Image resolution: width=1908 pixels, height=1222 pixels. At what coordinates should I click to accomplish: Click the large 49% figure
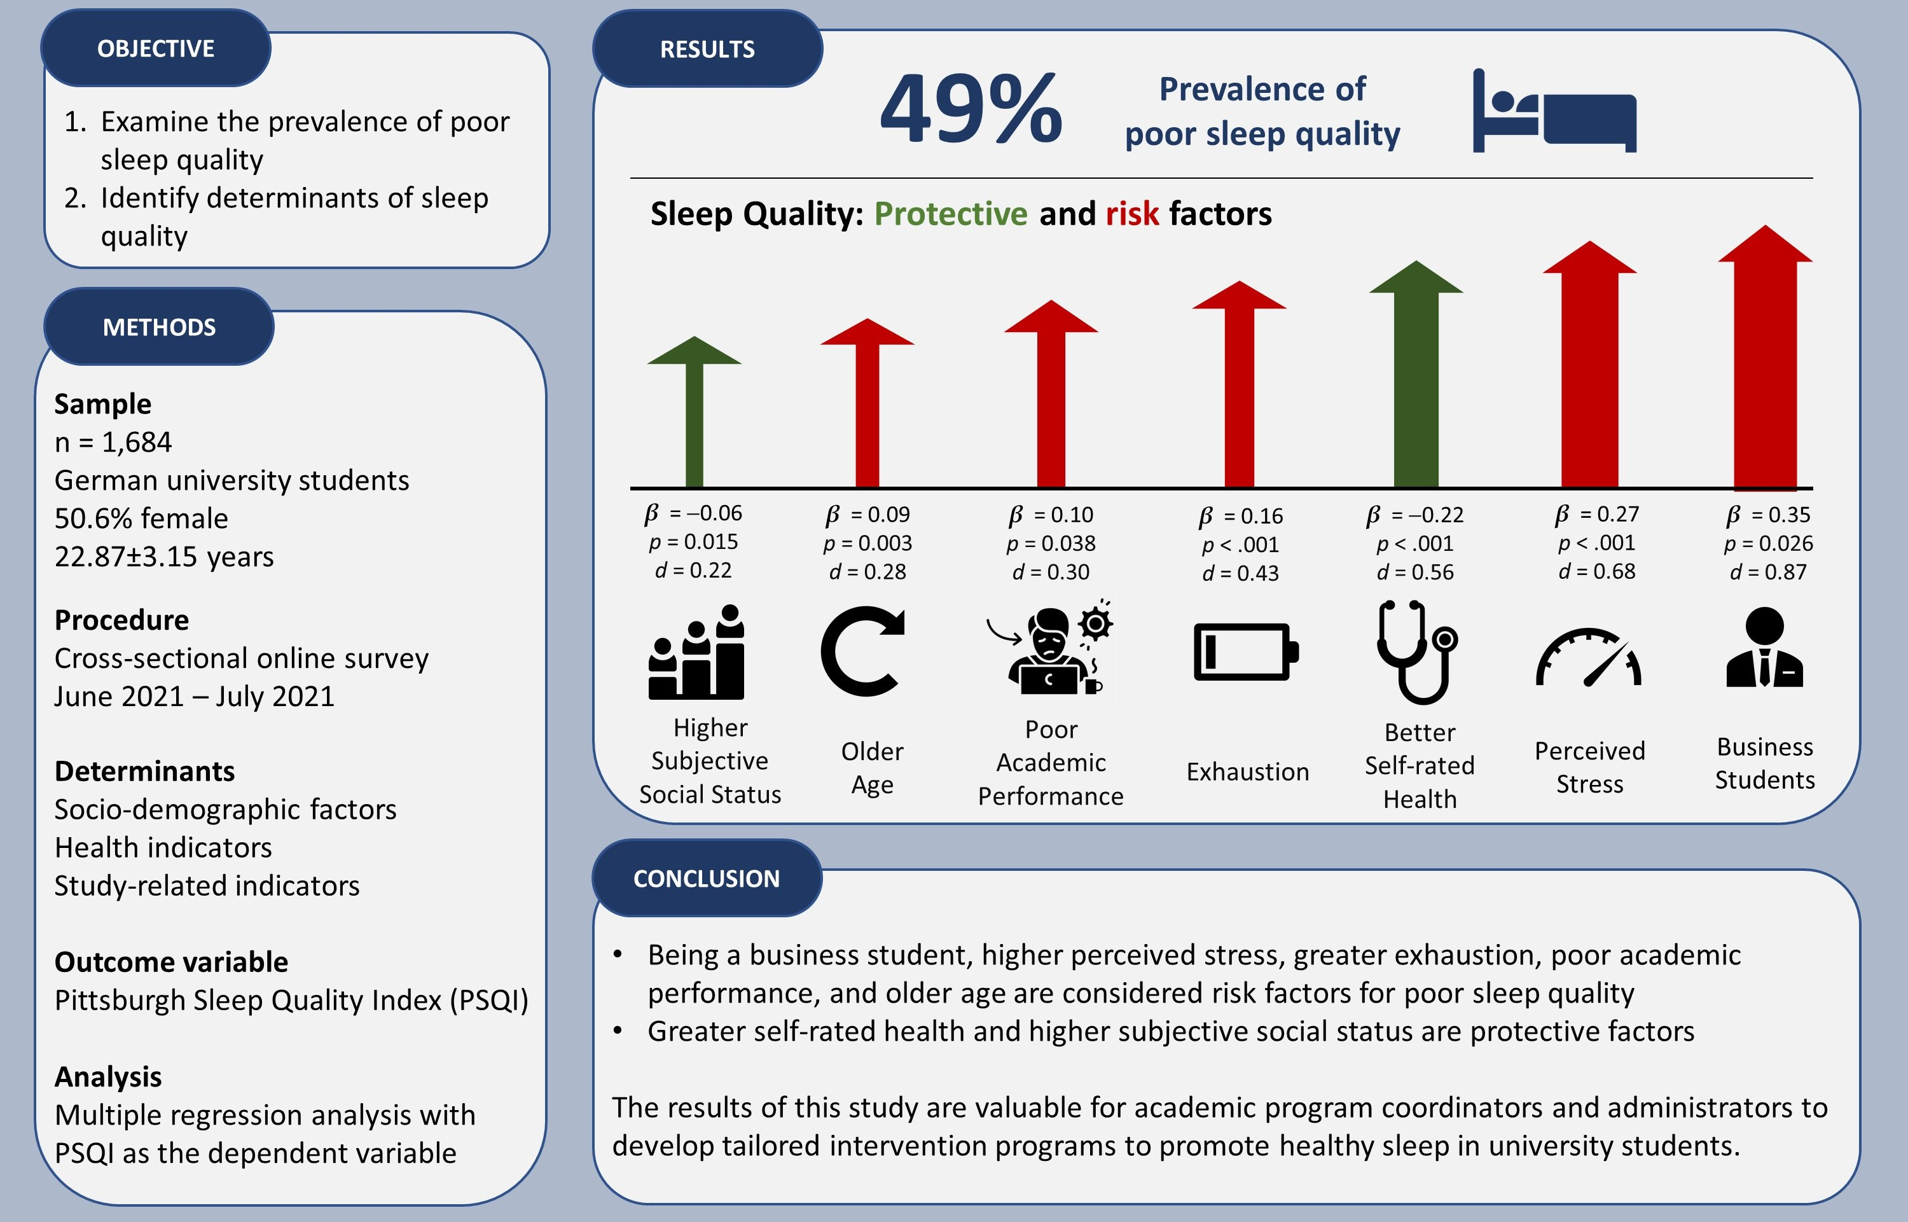[971, 109]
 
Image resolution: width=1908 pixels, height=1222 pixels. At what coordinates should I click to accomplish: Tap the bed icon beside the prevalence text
[1553, 111]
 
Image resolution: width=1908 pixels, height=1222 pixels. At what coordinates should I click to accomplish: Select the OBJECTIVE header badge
[155, 48]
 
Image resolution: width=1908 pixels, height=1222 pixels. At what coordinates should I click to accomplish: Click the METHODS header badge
[158, 327]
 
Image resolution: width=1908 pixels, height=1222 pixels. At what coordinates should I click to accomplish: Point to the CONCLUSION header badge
[706, 878]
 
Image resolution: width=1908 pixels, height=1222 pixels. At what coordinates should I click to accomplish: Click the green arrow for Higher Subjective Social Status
[694, 413]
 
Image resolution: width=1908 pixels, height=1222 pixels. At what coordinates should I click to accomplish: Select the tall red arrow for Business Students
[1764, 357]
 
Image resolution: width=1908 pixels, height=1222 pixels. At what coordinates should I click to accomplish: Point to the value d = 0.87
[1767, 572]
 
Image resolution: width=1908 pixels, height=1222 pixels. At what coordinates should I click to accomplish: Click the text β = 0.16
[1241, 517]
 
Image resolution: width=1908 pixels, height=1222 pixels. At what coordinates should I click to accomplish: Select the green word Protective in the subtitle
[950, 214]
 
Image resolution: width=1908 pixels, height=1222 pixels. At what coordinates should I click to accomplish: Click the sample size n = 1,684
[113, 442]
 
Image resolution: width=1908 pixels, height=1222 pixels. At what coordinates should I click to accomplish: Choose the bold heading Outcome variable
[170, 962]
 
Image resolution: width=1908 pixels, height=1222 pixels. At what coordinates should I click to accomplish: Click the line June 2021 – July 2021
[195, 696]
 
